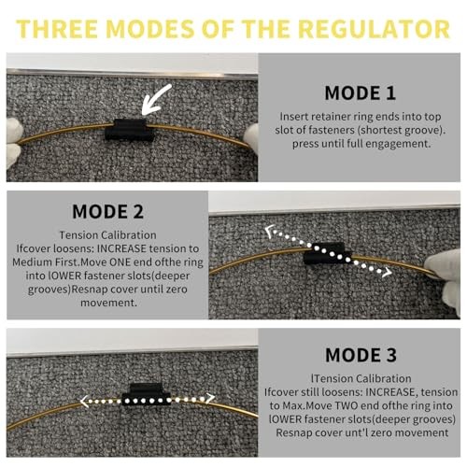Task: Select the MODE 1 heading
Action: (361, 93)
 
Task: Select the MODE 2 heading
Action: (107, 212)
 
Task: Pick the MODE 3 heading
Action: (361, 355)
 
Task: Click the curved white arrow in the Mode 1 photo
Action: (155, 100)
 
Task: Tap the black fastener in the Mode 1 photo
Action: (129, 130)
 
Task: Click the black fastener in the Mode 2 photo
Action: (328, 253)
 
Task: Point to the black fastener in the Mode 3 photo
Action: (146, 394)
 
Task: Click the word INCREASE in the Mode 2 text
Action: (121, 248)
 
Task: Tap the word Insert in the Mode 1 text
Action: (294, 117)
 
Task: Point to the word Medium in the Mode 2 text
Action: (32, 262)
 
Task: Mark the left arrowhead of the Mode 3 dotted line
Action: (84, 401)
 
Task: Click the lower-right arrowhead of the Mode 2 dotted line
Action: (387, 273)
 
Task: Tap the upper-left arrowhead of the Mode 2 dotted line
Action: (270, 231)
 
